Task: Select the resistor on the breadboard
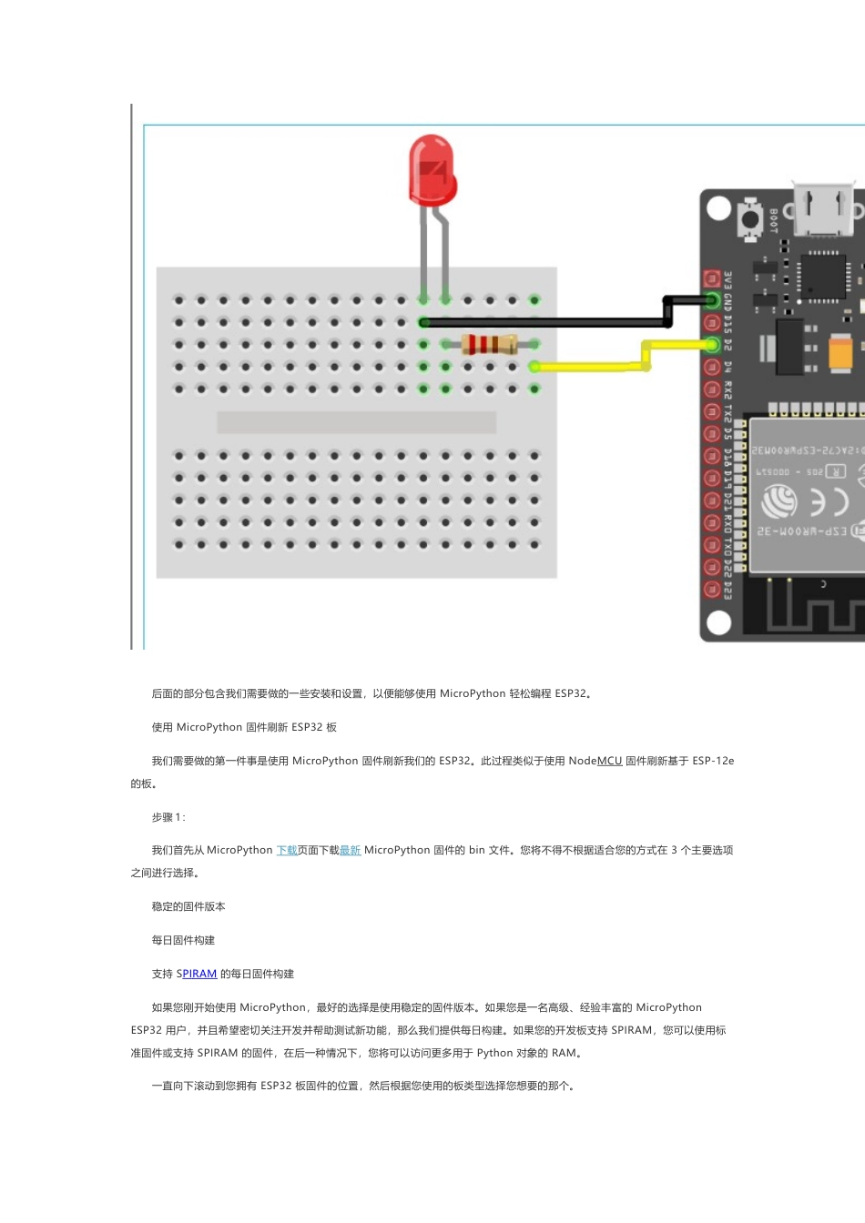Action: pyautogui.click(x=489, y=344)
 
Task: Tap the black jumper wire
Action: pyautogui.click(x=546, y=322)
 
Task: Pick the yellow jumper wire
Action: pyautogui.click(x=592, y=367)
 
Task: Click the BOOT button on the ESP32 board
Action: pyautogui.click(x=751, y=219)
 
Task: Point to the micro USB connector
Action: pyautogui.click(x=822, y=208)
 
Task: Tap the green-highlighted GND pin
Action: pyautogui.click(x=712, y=300)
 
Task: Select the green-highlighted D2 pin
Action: pyautogui.click(x=712, y=344)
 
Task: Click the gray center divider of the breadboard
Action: pyautogui.click(x=356, y=421)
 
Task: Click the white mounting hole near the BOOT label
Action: pyautogui.click(x=719, y=208)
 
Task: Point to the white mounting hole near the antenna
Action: pyautogui.click(x=719, y=622)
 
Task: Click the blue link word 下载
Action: pyautogui.click(x=287, y=850)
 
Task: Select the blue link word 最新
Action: pyautogui.click(x=351, y=850)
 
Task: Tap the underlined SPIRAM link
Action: pyautogui.click(x=197, y=974)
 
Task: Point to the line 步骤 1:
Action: pyautogui.click(x=168, y=817)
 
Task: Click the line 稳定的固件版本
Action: pyautogui.click(x=188, y=906)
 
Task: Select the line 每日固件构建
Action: pyautogui.click(x=183, y=940)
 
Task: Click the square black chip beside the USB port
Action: pyautogui.click(x=823, y=276)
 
